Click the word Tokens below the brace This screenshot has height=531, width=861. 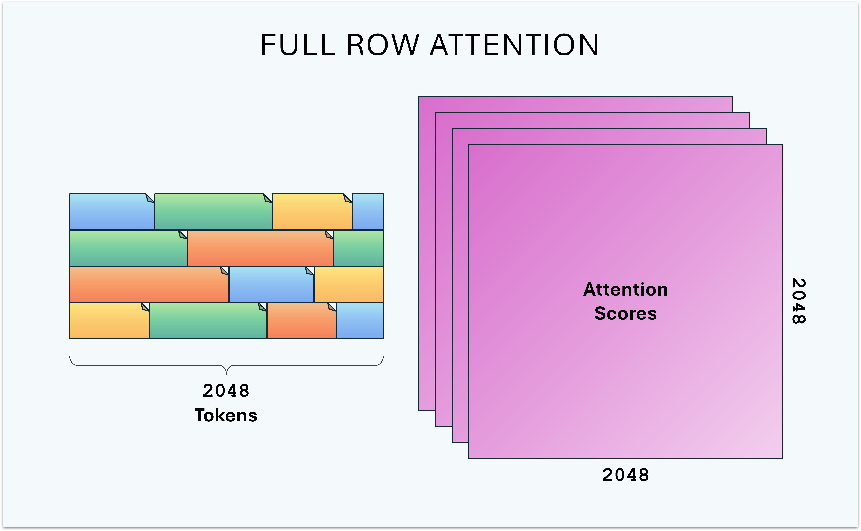[x=226, y=415]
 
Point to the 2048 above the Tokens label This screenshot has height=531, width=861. [x=226, y=391]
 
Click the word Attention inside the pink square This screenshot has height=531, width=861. [x=625, y=290]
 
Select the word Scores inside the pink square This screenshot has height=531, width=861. [x=625, y=313]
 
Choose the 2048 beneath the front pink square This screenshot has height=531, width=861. [x=625, y=475]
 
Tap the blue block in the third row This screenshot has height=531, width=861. [x=271, y=284]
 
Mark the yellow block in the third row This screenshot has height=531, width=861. [x=348, y=284]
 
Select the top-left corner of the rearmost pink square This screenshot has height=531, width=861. [x=419, y=96]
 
